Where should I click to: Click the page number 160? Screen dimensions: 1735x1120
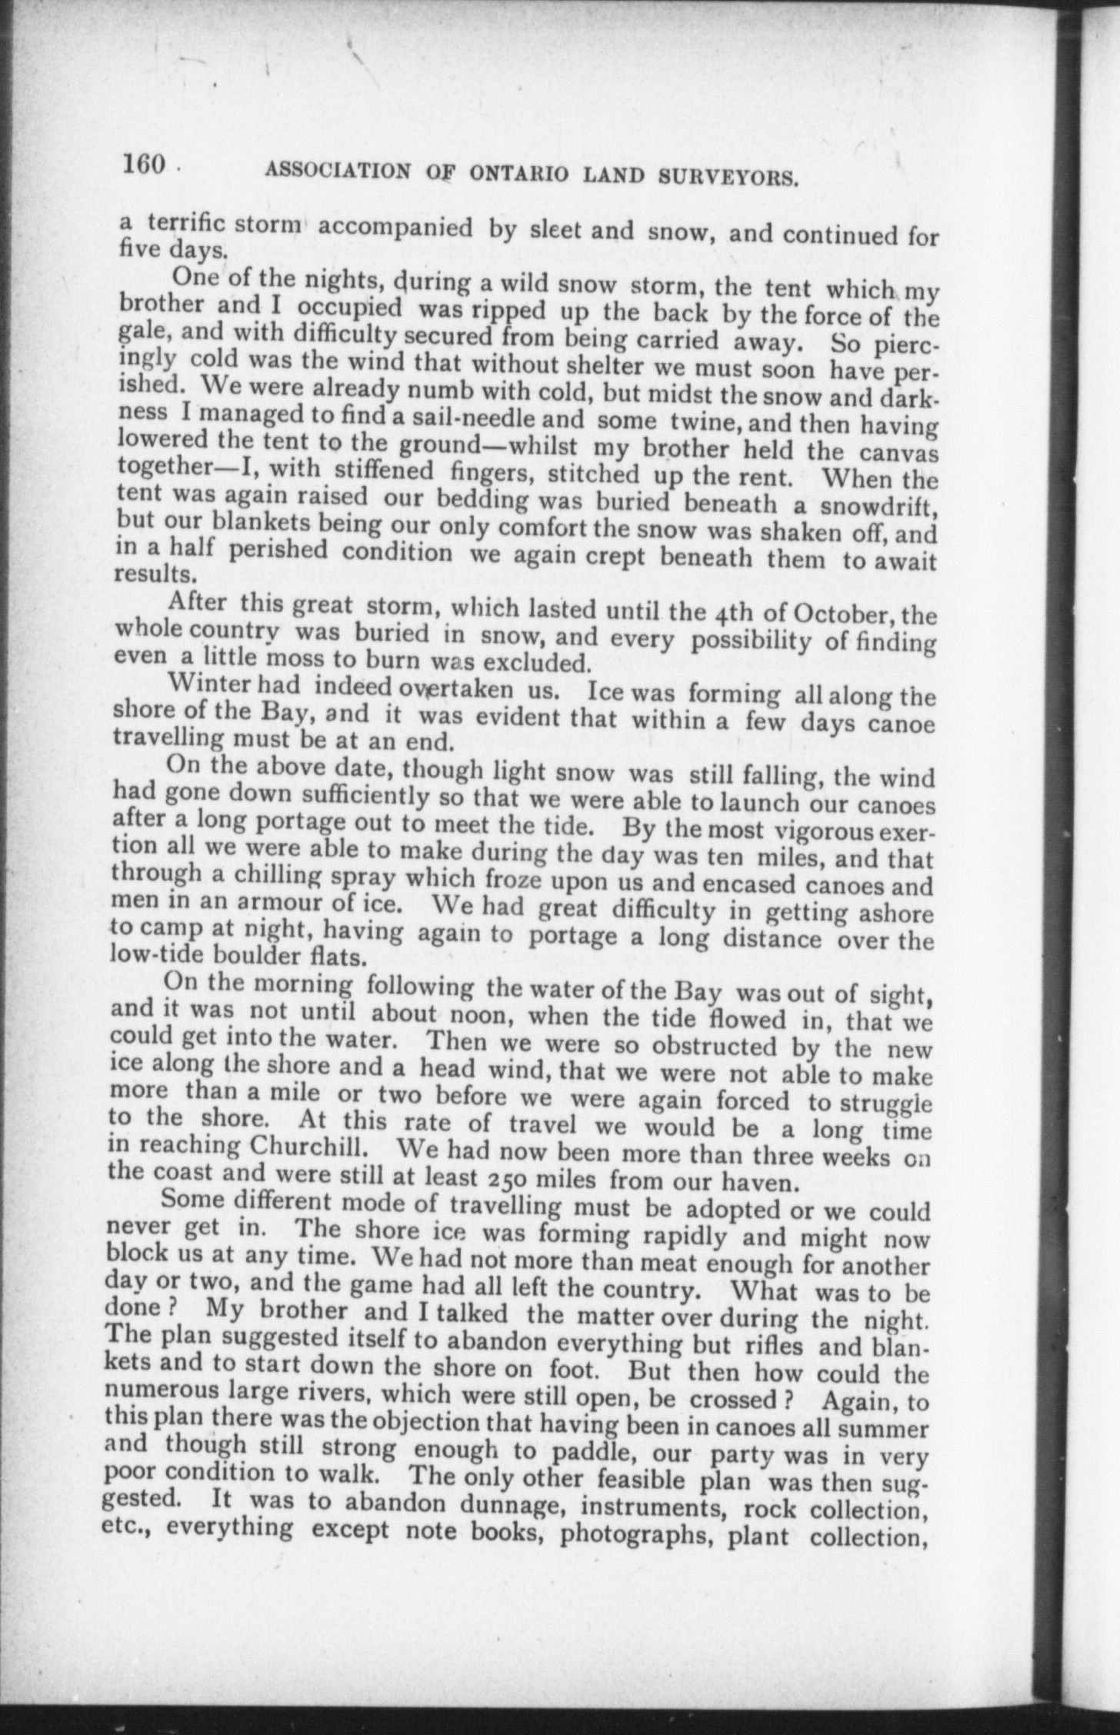[x=144, y=165]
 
